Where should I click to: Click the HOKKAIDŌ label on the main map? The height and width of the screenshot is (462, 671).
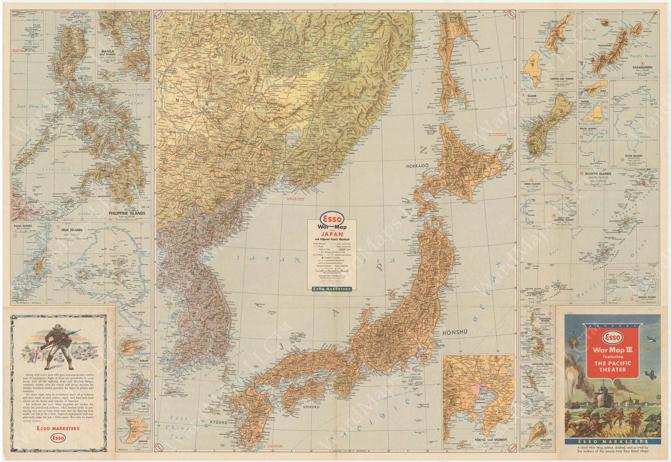417,166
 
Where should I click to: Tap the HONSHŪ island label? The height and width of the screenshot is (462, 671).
455,332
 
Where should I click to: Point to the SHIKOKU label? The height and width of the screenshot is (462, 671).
310,407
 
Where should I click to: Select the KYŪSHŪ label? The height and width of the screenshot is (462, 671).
218,422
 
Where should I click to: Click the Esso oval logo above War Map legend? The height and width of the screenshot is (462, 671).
331,219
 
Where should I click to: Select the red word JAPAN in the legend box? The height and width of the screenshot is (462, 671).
331,234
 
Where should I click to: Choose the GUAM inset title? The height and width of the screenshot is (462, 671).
532,96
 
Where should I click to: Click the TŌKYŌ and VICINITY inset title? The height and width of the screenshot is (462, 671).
492,440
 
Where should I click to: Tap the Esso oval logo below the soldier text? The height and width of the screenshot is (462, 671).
58,438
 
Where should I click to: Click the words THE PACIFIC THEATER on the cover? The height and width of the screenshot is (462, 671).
612,366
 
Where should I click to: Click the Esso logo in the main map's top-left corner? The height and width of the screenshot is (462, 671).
158,14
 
